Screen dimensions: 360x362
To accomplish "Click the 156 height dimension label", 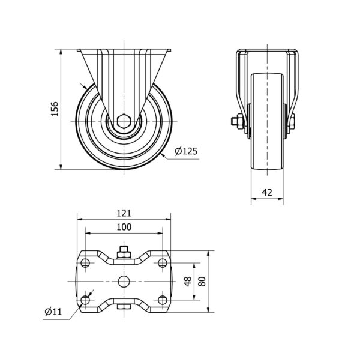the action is pos(55,109).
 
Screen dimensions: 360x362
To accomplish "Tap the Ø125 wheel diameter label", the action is pos(186,151).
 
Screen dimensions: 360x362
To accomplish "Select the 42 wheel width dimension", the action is pos(267,192).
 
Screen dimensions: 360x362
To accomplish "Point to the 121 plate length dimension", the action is pos(124,213).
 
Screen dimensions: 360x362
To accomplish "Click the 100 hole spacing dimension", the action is pos(124,227).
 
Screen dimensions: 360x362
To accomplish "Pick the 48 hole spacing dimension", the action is pos(188,281).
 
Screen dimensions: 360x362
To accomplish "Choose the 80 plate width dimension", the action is pos(202,281).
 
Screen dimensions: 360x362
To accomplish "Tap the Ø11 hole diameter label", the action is pos(53,312).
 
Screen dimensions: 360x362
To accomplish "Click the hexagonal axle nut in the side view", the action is pos(124,121).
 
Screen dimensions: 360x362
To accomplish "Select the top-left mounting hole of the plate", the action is pos(85,263).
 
